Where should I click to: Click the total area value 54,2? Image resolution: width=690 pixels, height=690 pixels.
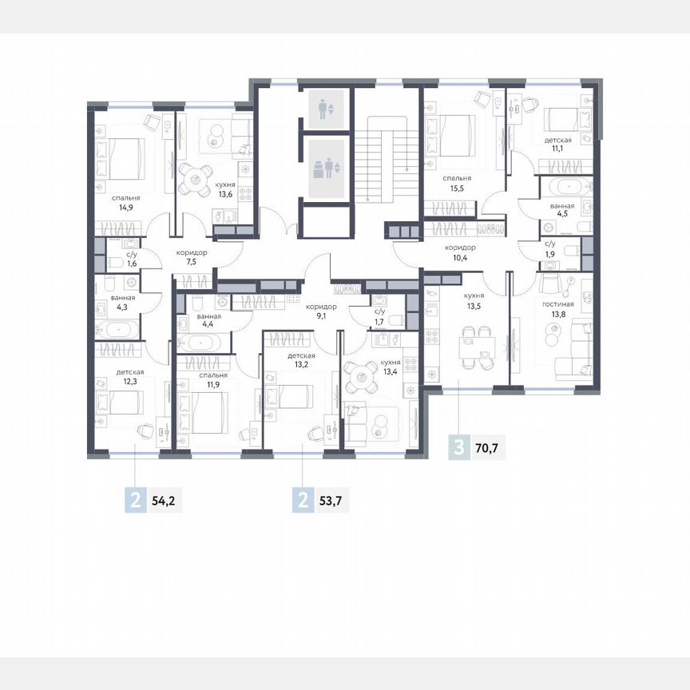[165, 502]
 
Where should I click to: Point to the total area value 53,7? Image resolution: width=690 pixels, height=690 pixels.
[331, 502]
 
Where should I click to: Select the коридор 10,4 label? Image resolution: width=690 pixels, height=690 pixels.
[460, 253]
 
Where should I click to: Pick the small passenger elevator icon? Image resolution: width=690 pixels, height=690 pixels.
[323, 109]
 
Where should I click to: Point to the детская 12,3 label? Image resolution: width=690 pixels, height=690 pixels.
[129, 378]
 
